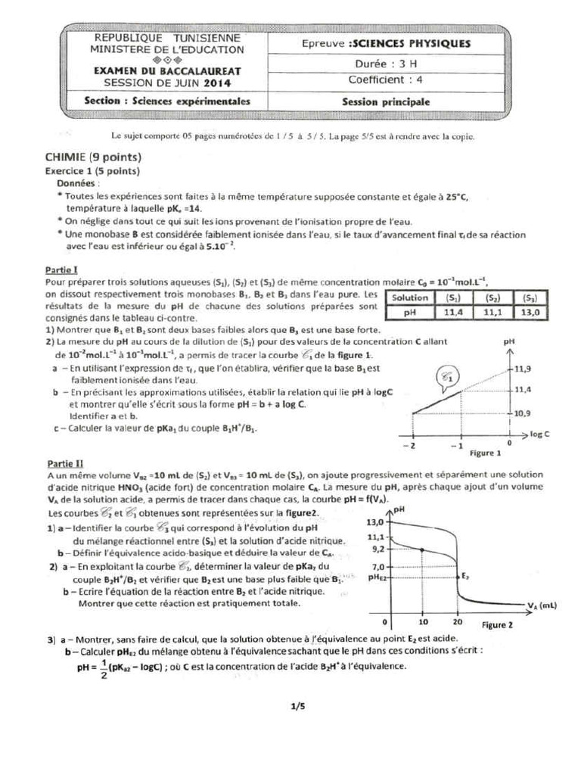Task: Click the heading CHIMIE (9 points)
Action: pos(94,157)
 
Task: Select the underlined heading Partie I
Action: pos(60,269)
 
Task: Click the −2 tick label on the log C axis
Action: pos(412,447)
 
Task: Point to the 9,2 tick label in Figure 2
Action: pos(376,548)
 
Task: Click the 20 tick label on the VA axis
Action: pos(458,622)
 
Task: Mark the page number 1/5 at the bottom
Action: pos(296,707)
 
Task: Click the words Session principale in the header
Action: pos(385,101)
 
